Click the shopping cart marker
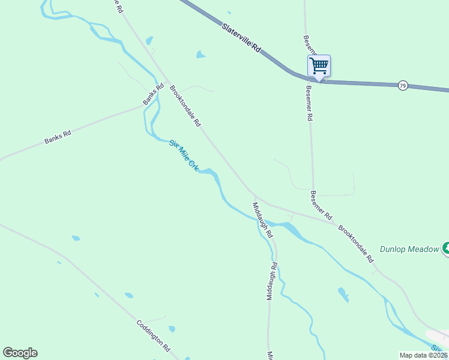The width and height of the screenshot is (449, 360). click(x=319, y=65)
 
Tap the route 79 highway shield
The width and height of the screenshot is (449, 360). click(x=403, y=86)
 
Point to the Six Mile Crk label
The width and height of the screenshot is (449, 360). click(x=184, y=156)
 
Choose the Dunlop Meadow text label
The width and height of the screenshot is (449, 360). click(x=409, y=249)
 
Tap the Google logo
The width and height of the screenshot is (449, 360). click(x=20, y=353)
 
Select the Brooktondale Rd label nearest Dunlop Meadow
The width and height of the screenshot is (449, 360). click(x=356, y=244)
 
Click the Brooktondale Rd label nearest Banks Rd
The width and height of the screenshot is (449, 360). click(x=185, y=106)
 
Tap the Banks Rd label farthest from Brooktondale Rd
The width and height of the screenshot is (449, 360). click(x=58, y=137)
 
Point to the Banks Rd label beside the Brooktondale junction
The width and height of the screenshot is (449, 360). click(x=153, y=95)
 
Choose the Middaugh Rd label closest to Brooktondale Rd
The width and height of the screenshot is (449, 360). click(x=263, y=219)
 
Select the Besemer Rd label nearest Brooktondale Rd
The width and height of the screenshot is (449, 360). click(x=321, y=205)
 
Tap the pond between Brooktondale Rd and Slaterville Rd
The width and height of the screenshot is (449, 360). click(x=200, y=55)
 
